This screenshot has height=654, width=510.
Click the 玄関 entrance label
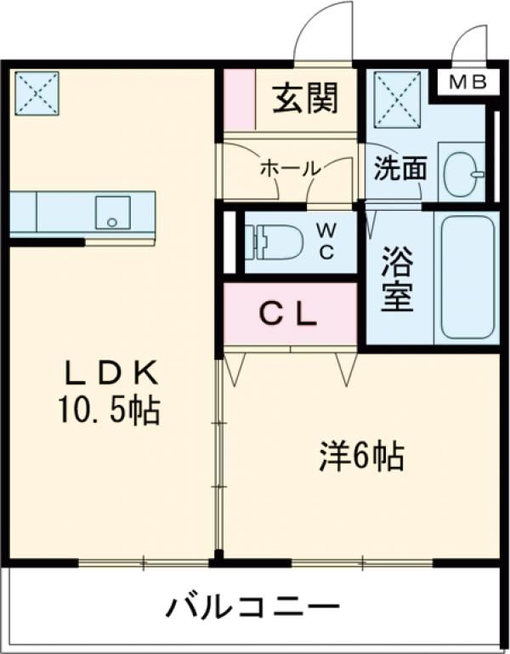point(304,100)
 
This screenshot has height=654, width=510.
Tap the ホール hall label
point(289,168)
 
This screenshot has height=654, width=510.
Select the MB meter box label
point(467,82)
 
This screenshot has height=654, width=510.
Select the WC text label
point(326,241)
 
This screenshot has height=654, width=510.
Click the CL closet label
point(288,315)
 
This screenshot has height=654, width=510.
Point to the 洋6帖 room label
point(360,458)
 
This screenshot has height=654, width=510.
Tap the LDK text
point(108,374)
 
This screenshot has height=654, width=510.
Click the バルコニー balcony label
point(252,608)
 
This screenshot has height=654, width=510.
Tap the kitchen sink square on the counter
point(112,211)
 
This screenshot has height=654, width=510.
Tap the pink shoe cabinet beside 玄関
point(240,100)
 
